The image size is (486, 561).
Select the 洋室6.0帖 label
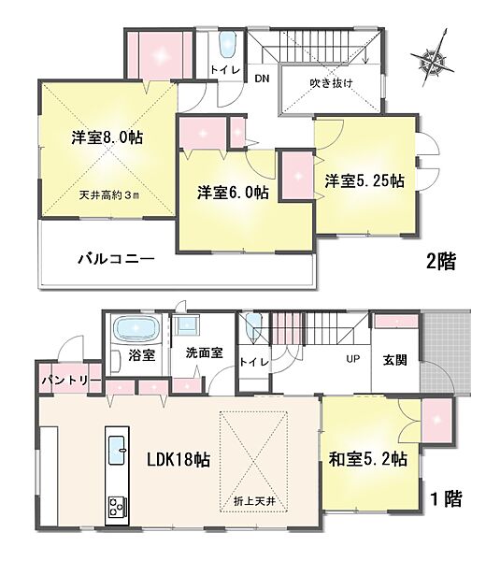(x=233, y=193)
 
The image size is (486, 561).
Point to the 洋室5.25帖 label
(x=364, y=180)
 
